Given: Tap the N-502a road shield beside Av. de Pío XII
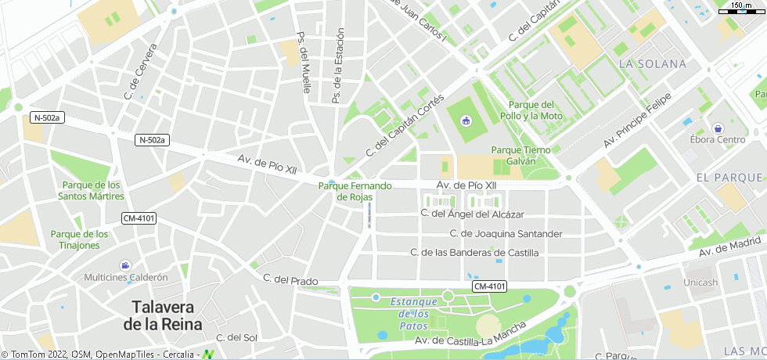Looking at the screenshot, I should click(153, 140).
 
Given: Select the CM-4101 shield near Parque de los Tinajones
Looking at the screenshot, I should click(139, 218).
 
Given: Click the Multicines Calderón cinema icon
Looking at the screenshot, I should click(125, 265).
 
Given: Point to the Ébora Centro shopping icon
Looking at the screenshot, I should click(718, 128).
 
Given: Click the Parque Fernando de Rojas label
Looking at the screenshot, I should click(355, 192).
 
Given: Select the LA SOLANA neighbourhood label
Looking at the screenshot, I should click(652, 63).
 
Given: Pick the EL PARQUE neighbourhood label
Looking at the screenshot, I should click(729, 178).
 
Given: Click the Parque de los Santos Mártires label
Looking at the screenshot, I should click(91, 190).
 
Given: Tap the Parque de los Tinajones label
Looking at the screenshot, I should click(80, 239).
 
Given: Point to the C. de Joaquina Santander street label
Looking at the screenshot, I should click(506, 233).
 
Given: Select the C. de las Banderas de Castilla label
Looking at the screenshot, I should click(474, 252).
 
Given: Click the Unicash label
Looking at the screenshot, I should click(700, 283).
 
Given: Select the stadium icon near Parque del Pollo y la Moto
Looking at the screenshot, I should click(466, 121).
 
